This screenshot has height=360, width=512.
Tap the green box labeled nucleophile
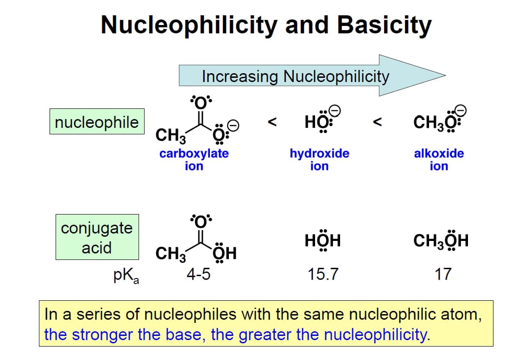(96, 122)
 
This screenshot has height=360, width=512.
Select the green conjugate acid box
(97, 237)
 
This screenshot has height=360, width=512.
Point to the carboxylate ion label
(194, 159)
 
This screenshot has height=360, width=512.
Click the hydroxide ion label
(319, 159)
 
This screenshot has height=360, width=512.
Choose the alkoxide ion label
(438, 159)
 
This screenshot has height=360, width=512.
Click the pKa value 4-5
(198, 275)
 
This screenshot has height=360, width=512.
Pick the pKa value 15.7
(323, 275)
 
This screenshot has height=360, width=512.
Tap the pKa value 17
(442, 275)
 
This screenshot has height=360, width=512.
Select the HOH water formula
(323, 241)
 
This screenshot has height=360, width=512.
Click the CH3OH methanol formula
(441, 241)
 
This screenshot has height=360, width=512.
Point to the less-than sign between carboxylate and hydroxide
(273, 122)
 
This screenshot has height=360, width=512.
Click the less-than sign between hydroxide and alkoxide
(378, 122)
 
